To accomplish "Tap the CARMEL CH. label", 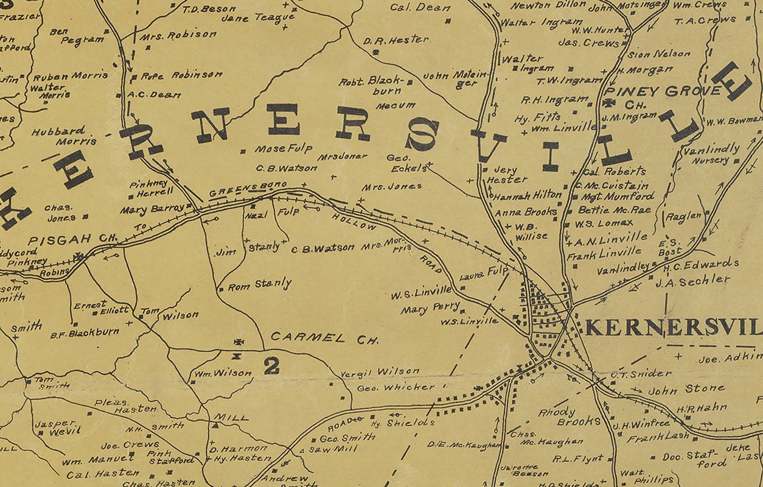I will coord(324,338).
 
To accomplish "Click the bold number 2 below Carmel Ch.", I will coord(271,365).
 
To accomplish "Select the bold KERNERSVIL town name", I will coord(673,328).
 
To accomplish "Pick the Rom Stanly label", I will coord(259,284).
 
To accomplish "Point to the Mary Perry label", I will coord(430,309).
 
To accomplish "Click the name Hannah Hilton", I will coord(528,195).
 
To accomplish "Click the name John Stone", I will coord(686,389).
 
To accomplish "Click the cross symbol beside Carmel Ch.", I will coord(239,342).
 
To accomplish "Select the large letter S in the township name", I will coord(422,135).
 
